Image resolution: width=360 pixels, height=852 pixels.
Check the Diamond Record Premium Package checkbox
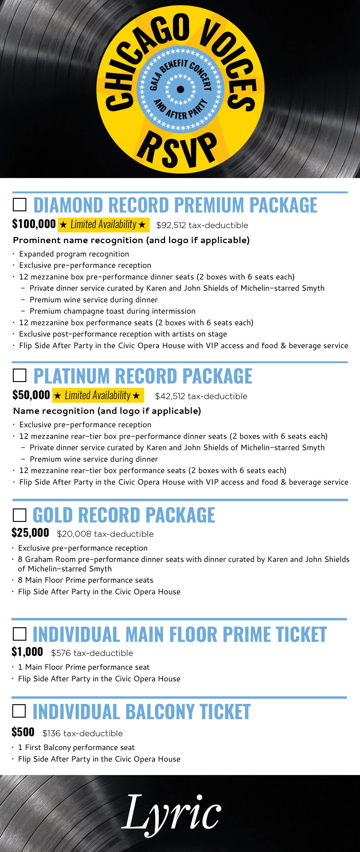pyautogui.click(x=20, y=205)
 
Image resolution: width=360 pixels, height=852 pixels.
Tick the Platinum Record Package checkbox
pyautogui.click(x=20, y=375)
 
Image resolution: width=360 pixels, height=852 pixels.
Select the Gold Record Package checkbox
pyautogui.click(x=20, y=515)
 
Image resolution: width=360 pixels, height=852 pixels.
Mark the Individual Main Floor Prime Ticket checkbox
pyautogui.click(x=19, y=634)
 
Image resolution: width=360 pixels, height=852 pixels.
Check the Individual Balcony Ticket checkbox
pyautogui.click(x=19, y=711)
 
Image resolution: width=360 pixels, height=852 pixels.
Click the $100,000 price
pyautogui.click(x=34, y=224)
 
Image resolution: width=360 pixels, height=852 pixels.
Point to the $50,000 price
pyautogui.click(x=31, y=395)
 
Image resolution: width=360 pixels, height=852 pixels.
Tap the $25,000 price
pyautogui.click(x=30, y=533)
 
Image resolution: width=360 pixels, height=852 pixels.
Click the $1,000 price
pyautogui.click(x=27, y=652)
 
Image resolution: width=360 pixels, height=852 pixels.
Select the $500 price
pyautogui.click(x=23, y=732)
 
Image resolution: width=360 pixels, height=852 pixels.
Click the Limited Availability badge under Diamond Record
pyautogui.click(x=103, y=224)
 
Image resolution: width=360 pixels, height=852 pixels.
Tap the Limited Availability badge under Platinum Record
pyautogui.click(x=98, y=395)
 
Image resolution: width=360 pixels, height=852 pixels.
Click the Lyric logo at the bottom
pyautogui.click(x=171, y=813)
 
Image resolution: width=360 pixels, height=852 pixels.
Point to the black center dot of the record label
pyautogui.click(x=181, y=89)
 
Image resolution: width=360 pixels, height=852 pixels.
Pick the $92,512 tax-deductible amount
pyautogui.click(x=202, y=225)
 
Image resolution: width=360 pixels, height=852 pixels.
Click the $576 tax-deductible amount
pyautogui.click(x=92, y=653)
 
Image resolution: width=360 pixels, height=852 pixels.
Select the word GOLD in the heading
pyautogui.click(x=52, y=515)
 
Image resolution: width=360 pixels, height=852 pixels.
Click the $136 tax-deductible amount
pyautogui.click(x=83, y=733)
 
